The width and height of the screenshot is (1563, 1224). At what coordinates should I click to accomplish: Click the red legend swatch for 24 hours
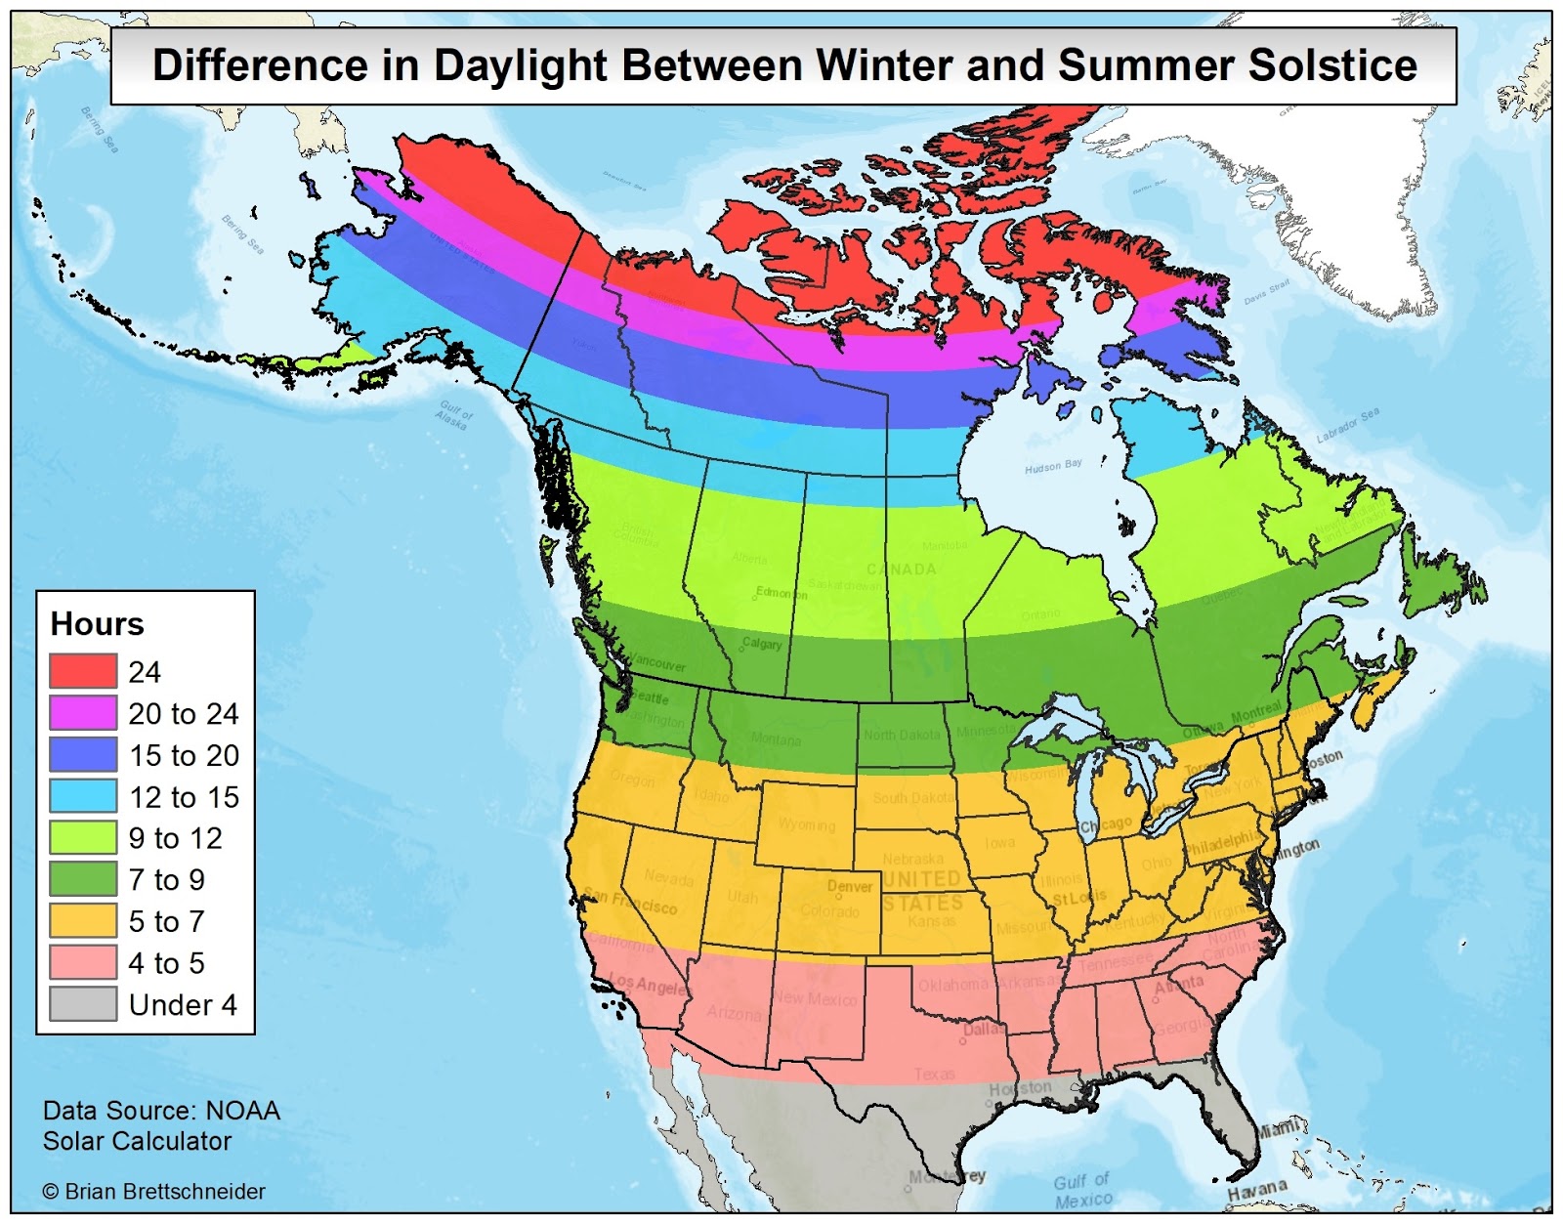click(83, 671)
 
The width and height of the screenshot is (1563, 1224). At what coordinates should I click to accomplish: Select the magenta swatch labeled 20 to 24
click(83, 713)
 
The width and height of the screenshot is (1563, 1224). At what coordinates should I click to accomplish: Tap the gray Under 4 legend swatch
click(83, 1004)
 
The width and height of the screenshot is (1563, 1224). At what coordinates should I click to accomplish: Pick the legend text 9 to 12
click(175, 838)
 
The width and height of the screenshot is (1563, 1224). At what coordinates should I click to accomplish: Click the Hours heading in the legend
click(97, 623)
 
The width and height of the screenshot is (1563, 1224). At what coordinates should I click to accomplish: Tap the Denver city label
click(850, 887)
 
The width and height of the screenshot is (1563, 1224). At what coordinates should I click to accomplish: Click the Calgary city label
click(762, 644)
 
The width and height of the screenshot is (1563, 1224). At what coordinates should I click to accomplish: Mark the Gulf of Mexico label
click(1082, 1190)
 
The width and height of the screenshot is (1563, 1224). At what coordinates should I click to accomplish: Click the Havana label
click(1257, 1190)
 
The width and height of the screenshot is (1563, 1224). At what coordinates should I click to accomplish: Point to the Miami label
click(1279, 1129)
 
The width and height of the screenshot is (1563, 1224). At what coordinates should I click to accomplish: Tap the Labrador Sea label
click(1347, 426)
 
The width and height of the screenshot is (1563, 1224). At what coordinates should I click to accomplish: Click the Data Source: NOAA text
click(161, 1111)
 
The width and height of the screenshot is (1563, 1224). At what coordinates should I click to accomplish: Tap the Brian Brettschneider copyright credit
click(154, 1192)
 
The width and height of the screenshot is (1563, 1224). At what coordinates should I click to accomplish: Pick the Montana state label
click(776, 739)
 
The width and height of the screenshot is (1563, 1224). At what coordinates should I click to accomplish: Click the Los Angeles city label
click(648, 985)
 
